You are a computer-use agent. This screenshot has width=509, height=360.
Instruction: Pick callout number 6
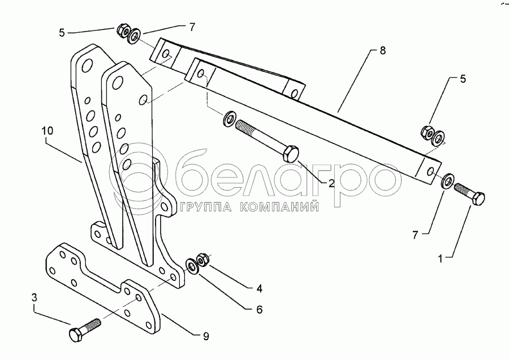click(260, 310)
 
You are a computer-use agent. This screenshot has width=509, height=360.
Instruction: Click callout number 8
click(383, 51)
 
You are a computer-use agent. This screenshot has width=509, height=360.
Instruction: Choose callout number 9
click(206, 336)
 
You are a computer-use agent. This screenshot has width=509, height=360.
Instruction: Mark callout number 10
click(47, 130)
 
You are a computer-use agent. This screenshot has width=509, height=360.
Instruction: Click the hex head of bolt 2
click(290, 154)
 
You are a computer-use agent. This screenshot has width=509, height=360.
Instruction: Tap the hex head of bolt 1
click(478, 198)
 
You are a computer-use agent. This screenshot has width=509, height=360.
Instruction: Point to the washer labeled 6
click(193, 265)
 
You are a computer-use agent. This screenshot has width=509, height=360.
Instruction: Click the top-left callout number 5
click(62, 33)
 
